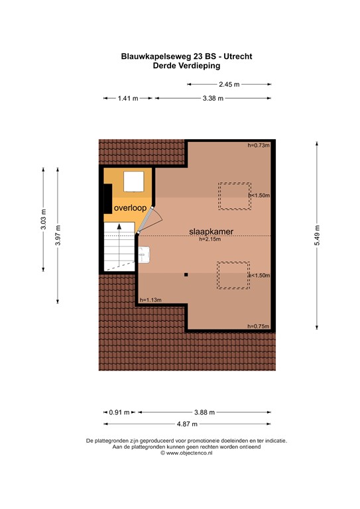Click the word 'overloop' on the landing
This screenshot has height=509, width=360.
pyautogui.click(x=129, y=207)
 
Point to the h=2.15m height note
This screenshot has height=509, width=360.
pyautogui.click(x=209, y=239)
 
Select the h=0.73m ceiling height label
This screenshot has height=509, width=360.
pyautogui.click(x=259, y=145)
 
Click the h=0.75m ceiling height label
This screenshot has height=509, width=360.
pyautogui.click(x=259, y=326)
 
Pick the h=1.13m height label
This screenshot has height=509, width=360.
pyautogui.click(x=150, y=300)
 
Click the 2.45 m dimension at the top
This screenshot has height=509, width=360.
pyautogui.click(x=229, y=84)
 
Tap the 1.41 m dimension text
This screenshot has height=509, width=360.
pyautogui.click(x=127, y=98)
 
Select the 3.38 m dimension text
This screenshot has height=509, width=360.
pyautogui.click(x=212, y=98)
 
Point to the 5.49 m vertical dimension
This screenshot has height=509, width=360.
pyautogui.click(x=318, y=235)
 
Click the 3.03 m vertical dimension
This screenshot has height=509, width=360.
pyautogui.click(x=43, y=219)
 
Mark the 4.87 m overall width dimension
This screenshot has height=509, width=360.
pyautogui.click(x=187, y=424)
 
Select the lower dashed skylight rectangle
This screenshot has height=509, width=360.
pyautogui.click(x=233, y=275)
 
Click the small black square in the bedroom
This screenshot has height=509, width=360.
pyautogui.click(x=186, y=274)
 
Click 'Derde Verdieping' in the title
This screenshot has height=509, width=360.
pyautogui.click(x=186, y=66)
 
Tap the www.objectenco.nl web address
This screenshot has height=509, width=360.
pyautogui.click(x=186, y=453)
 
